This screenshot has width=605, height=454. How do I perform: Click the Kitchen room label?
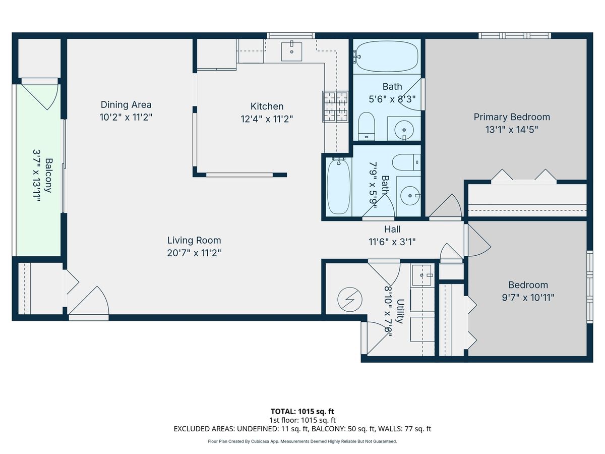tap(267, 106)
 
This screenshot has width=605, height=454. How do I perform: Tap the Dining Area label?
tap(126, 105)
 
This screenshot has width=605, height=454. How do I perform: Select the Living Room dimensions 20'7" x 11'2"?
tap(194, 253)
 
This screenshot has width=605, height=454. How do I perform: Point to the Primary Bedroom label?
tap(512, 117)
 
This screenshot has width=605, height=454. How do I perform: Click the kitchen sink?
tap(291, 51)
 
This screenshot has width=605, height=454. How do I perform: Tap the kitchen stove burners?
tap(335, 106)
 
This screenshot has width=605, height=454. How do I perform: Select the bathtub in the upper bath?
tap(386, 56)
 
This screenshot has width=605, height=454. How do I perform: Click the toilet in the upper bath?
tap(367, 126)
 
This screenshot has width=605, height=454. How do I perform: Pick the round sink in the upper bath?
tap(404, 130)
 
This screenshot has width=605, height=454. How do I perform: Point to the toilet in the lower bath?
tap(406, 162)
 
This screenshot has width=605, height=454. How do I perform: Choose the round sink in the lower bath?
tap(410, 196)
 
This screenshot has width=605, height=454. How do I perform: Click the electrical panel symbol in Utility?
tap(350, 300)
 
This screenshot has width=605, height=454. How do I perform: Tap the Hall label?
tap(392, 229)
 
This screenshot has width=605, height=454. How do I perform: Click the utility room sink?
tap(421, 275)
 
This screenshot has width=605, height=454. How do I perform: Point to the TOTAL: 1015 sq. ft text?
tap(302, 411)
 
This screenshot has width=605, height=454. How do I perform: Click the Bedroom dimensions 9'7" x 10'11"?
tap(528, 298)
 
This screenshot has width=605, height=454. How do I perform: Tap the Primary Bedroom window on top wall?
tap(515, 35)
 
